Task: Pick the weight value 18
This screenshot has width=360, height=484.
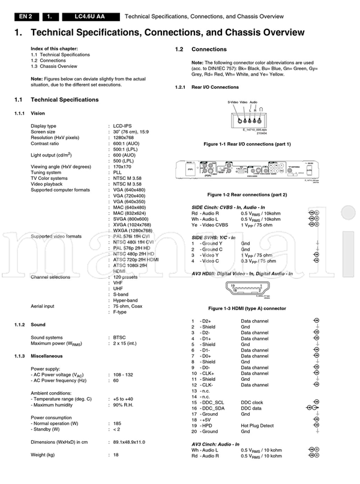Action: click(115, 455)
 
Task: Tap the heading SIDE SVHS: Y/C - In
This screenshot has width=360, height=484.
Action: click(221, 238)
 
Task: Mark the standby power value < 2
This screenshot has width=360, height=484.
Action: click(116, 429)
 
